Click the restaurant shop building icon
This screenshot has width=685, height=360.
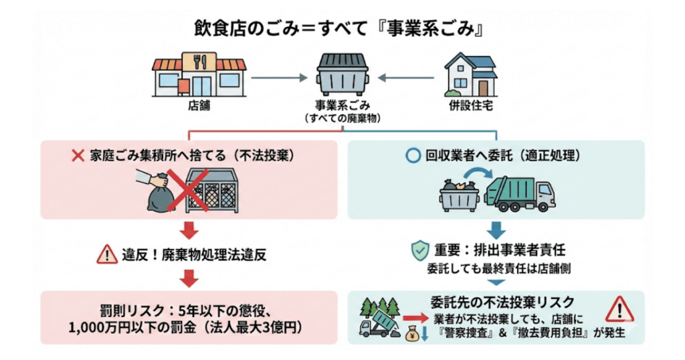(199, 72)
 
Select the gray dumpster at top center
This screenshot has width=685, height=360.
(341, 72)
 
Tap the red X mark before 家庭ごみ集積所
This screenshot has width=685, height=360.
(78, 156)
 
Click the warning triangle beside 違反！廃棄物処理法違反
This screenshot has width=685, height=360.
(106, 254)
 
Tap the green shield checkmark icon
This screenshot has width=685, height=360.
(419, 251)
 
